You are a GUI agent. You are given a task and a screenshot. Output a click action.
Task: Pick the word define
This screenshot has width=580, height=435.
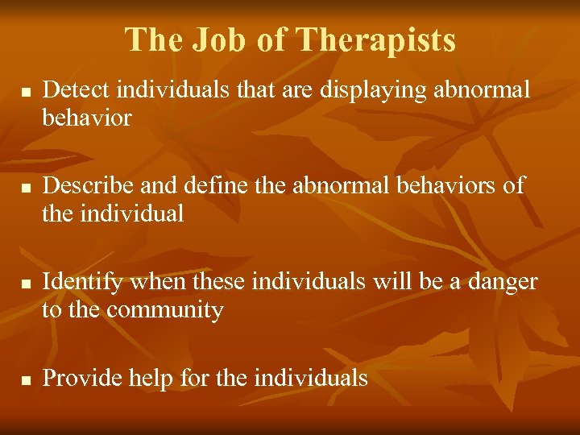[210, 186]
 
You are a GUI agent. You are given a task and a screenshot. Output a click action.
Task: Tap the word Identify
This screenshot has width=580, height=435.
[84, 282]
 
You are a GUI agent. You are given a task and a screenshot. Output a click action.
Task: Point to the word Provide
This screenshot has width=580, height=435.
[81, 378]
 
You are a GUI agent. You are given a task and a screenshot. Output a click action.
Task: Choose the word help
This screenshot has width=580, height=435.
[151, 378]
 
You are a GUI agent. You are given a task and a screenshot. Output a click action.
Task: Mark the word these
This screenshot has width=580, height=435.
[220, 282]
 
